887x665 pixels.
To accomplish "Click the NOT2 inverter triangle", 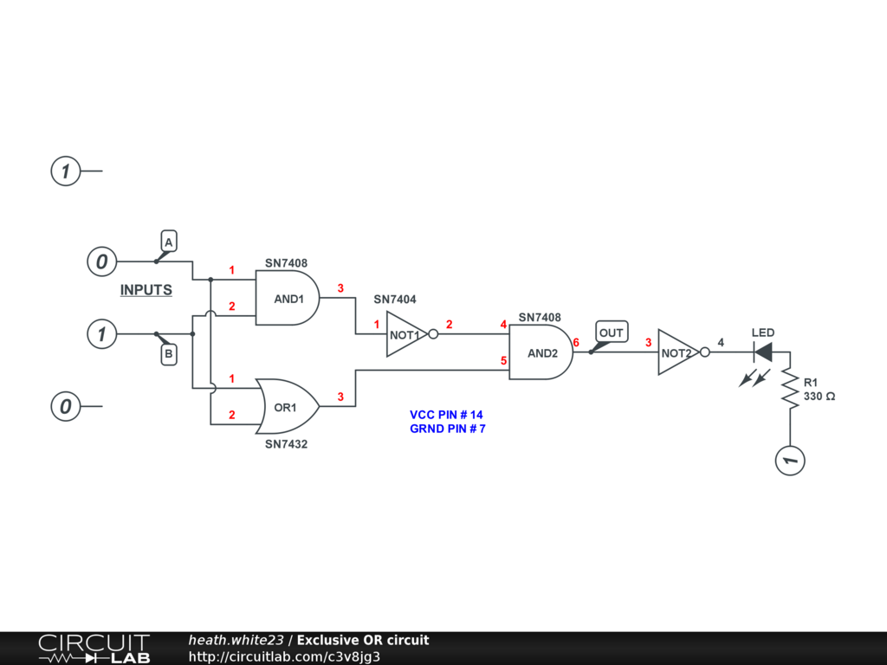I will (x=677, y=352).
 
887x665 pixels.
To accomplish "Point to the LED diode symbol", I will (x=763, y=352).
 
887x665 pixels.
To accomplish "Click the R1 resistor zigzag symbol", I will (x=790, y=388).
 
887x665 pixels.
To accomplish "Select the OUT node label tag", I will (x=611, y=333).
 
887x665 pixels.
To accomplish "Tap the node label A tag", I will (x=169, y=242).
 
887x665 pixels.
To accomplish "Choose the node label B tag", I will (x=169, y=353).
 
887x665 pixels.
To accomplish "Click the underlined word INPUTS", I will (x=146, y=290).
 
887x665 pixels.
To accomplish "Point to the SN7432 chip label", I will (x=287, y=443).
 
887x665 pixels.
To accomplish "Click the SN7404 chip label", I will (x=395, y=300).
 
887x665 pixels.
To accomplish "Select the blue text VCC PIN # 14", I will (x=446, y=415).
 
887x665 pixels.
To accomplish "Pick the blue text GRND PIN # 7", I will (x=447, y=429).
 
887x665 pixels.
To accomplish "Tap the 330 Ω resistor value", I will (x=819, y=396).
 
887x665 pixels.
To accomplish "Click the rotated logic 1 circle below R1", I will (x=790, y=460).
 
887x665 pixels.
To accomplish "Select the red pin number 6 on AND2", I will (x=576, y=343).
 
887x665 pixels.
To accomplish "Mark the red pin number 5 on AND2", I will (x=503, y=360).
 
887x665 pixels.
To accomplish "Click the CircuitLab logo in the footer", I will (x=94, y=649).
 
